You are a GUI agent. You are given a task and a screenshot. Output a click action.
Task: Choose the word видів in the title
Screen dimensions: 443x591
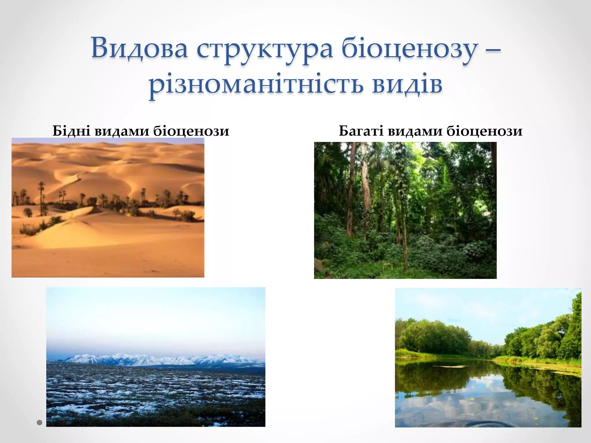[407, 85]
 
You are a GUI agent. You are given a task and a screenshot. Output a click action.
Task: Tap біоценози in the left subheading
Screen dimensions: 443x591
[191, 131]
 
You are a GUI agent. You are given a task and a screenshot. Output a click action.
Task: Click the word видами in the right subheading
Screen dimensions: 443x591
[415, 131]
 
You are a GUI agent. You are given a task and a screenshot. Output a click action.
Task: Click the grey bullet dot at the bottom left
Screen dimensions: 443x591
[40, 423]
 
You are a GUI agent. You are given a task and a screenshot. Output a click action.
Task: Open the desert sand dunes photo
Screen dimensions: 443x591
[108, 208]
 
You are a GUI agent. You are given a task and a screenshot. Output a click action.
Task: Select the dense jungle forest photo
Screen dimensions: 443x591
[405, 210]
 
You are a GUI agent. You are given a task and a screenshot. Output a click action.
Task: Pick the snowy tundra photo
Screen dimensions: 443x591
[156, 357]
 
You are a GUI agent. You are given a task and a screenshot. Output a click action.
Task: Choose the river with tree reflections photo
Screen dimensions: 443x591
[488, 357]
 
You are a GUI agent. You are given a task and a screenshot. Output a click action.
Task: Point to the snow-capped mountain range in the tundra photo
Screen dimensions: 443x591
[162, 359]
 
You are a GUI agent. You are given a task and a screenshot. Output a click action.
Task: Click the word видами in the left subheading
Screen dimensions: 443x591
[122, 131]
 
